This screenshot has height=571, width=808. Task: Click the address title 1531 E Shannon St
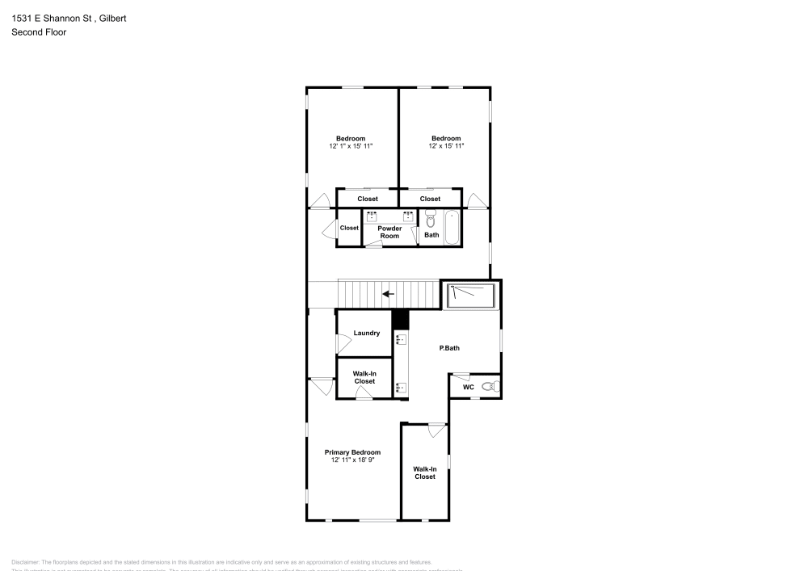pos(69,18)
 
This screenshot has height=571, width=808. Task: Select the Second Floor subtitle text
pos(39,32)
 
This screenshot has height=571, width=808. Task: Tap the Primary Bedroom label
pos(352,452)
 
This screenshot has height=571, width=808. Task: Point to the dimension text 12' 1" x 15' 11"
pos(351,146)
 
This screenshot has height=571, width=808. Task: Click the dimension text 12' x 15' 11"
pos(446,146)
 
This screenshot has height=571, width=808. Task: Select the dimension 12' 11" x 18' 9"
pos(352,460)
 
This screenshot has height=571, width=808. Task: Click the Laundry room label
pos(367,333)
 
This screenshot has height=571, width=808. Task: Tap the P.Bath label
pos(449,348)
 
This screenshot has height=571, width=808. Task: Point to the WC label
pos(468,388)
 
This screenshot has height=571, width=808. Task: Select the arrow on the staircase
pos(389,294)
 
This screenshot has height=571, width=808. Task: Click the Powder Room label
pos(389,232)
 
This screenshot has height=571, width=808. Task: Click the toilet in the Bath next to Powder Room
pos(431,219)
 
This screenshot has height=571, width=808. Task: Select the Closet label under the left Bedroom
pos(368,199)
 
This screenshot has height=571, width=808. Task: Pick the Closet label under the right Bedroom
pos(431,199)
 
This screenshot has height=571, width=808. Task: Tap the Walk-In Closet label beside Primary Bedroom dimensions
pos(425,472)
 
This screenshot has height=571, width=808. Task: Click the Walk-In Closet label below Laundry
pos(364,377)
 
